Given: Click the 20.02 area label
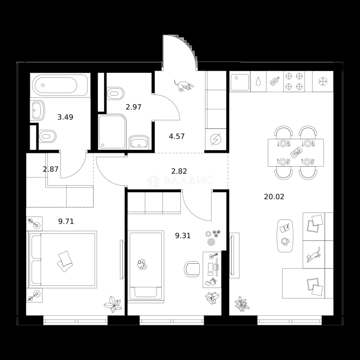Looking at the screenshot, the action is click(274, 197).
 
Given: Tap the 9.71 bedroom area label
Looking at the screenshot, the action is click(66, 221).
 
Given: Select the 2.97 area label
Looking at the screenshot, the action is click(133, 107).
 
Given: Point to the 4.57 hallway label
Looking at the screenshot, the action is click(177, 136).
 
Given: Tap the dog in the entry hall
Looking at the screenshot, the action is click(184, 86).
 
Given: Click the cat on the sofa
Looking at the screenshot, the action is click(313, 255).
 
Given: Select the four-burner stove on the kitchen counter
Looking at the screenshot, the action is click(294, 82).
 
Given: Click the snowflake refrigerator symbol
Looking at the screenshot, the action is click(323, 82).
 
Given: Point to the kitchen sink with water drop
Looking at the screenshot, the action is click(258, 82).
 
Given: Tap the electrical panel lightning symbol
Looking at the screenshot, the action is click(216, 139).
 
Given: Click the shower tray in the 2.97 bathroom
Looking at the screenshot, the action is click(112, 132).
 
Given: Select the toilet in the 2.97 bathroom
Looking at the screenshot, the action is click(115, 93).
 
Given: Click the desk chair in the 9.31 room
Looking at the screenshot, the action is click(192, 269).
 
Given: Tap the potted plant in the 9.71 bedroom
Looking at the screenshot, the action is click(113, 304).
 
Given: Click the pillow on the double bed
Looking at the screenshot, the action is click(65, 261).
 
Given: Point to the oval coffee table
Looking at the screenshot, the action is click(285, 236).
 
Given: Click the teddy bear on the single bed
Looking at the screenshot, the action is click(142, 264).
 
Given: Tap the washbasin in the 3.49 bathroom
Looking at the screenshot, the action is click(37, 110).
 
